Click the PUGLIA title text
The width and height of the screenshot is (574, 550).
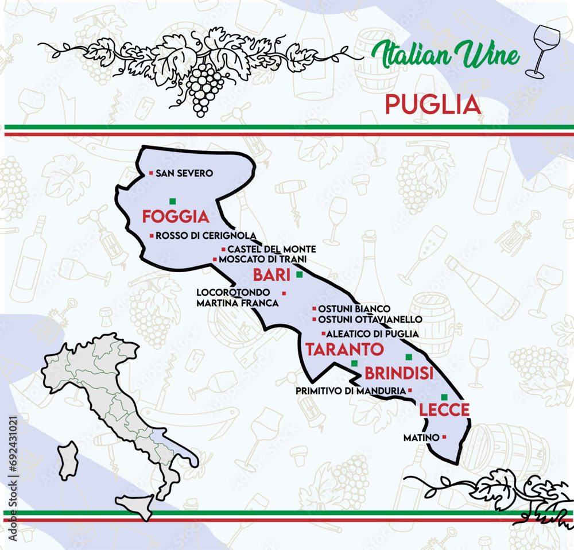pos(432,104)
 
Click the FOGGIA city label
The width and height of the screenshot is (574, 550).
pos(174,216)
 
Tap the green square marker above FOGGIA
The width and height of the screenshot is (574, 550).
pos(172,201)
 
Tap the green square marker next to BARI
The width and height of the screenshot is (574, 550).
pos(299,275)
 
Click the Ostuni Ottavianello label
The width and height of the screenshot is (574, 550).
pos(370,319)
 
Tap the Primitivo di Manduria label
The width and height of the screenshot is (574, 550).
pos(351,390)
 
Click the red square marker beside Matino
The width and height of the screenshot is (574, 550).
pos(444,437)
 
